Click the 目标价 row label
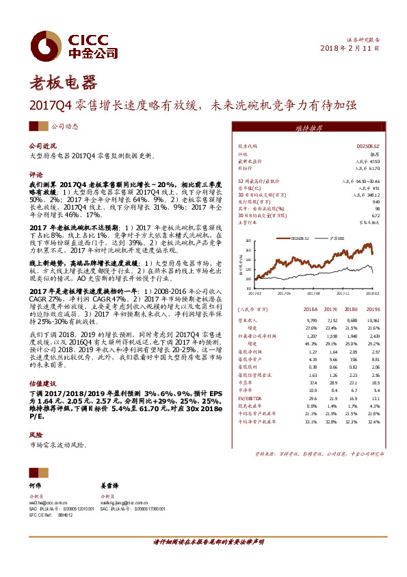pos(246,167)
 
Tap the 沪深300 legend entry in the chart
pos(334,238)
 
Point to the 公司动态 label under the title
pos(64,126)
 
